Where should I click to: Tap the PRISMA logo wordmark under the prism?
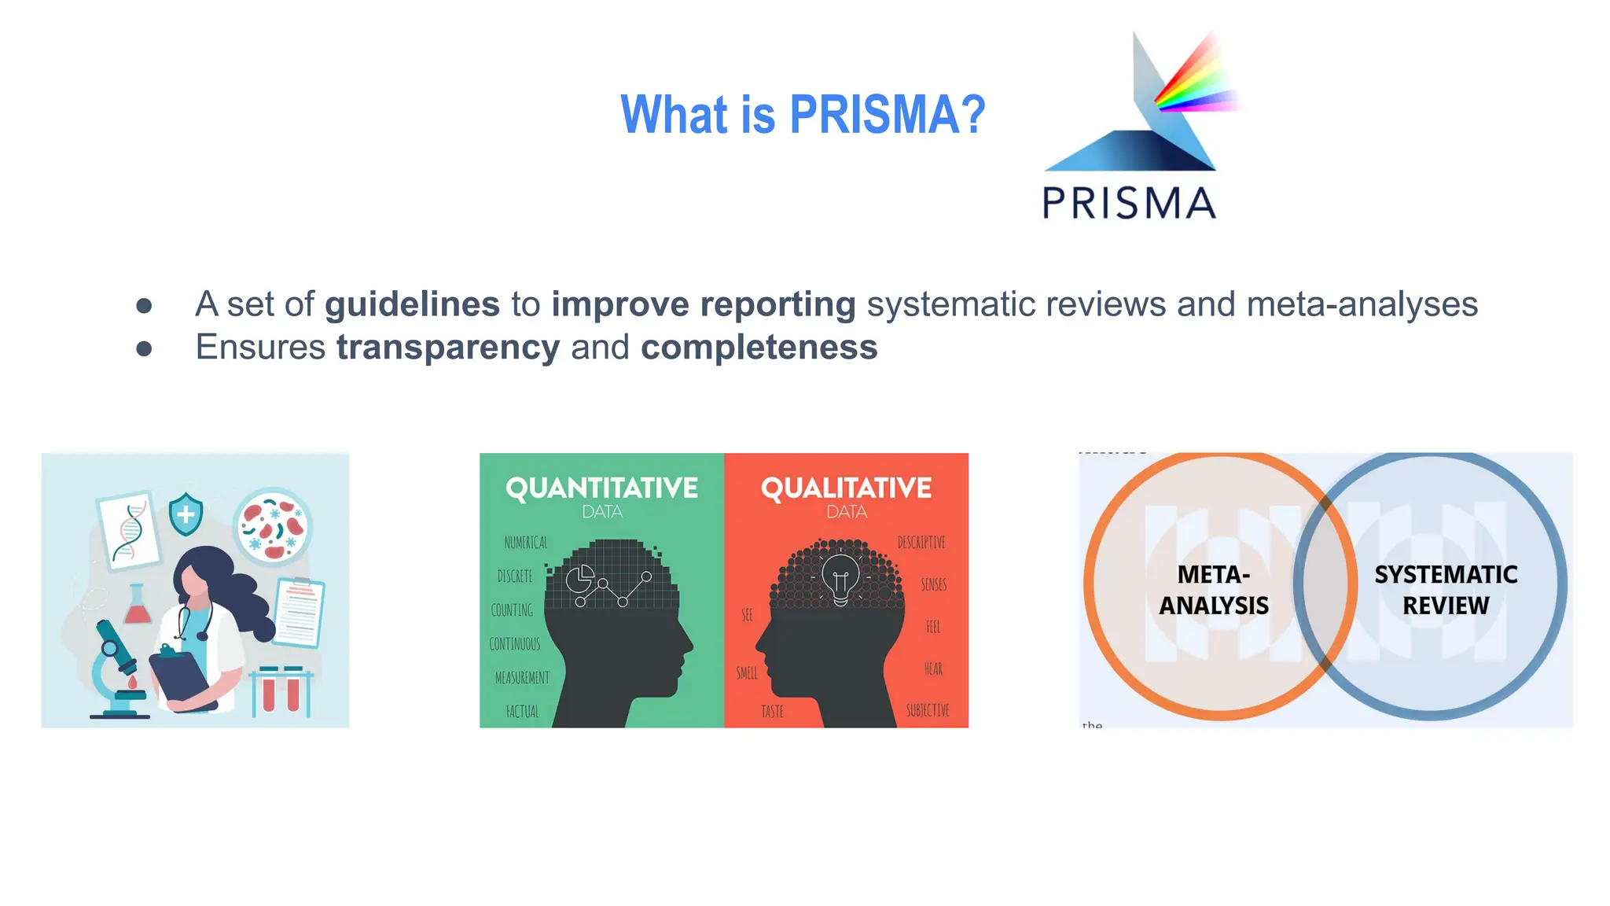(x=1129, y=203)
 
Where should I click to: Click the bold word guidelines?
(x=412, y=304)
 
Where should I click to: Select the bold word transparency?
(x=448, y=348)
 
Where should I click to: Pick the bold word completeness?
(x=759, y=348)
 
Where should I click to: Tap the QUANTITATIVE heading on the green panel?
(x=601, y=488)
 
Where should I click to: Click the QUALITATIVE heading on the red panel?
(x=846, y=488)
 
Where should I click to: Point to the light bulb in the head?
(x=840, y=578)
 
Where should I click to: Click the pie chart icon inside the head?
(x=580, y=580)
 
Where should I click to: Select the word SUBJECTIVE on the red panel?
(x=928, y=711)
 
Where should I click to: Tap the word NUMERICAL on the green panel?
(x=526, y=543)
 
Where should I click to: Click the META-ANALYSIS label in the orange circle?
(x=1214, y=590)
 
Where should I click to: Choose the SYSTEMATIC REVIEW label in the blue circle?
(x=1446, y=590)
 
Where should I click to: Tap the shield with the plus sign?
(x=186, y=514)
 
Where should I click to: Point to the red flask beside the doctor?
(x=138, y=606)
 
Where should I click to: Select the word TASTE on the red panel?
(x=772, y=712)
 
